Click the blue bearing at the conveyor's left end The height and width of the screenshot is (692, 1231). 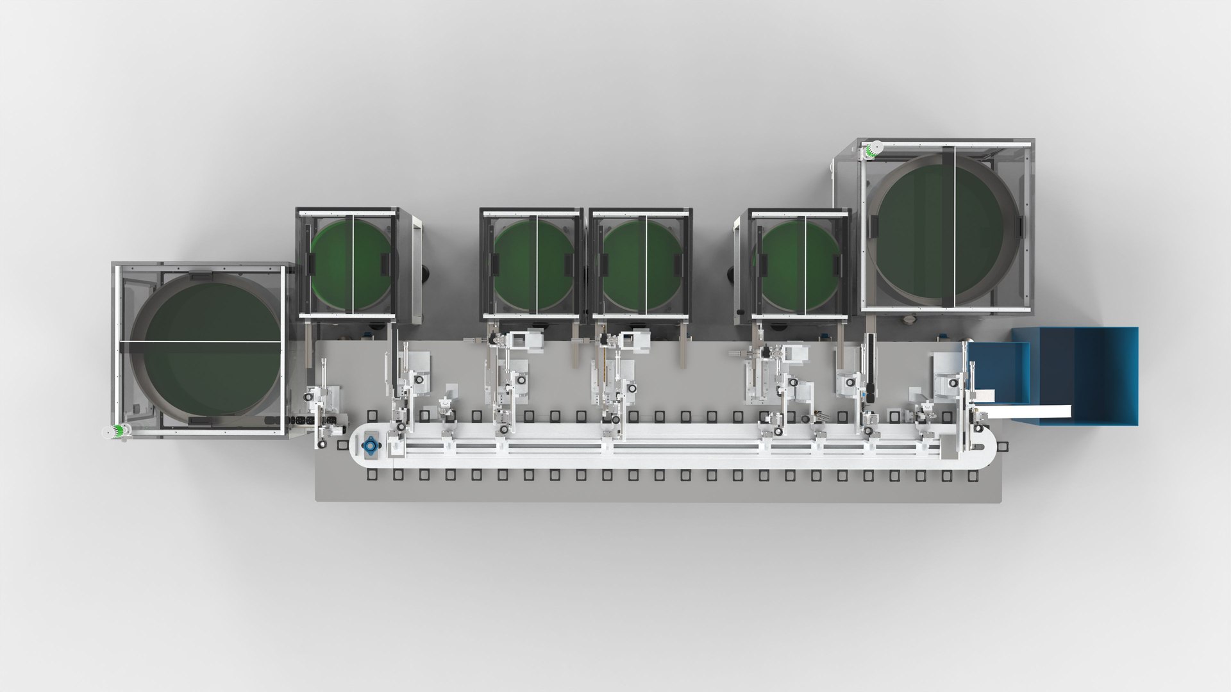tap(370, 444)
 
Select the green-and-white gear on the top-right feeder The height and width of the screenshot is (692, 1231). tap(872, 151)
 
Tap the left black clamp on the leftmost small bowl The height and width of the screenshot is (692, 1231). tap(311, 263)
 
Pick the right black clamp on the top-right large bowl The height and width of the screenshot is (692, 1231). tap(1019, 227)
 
